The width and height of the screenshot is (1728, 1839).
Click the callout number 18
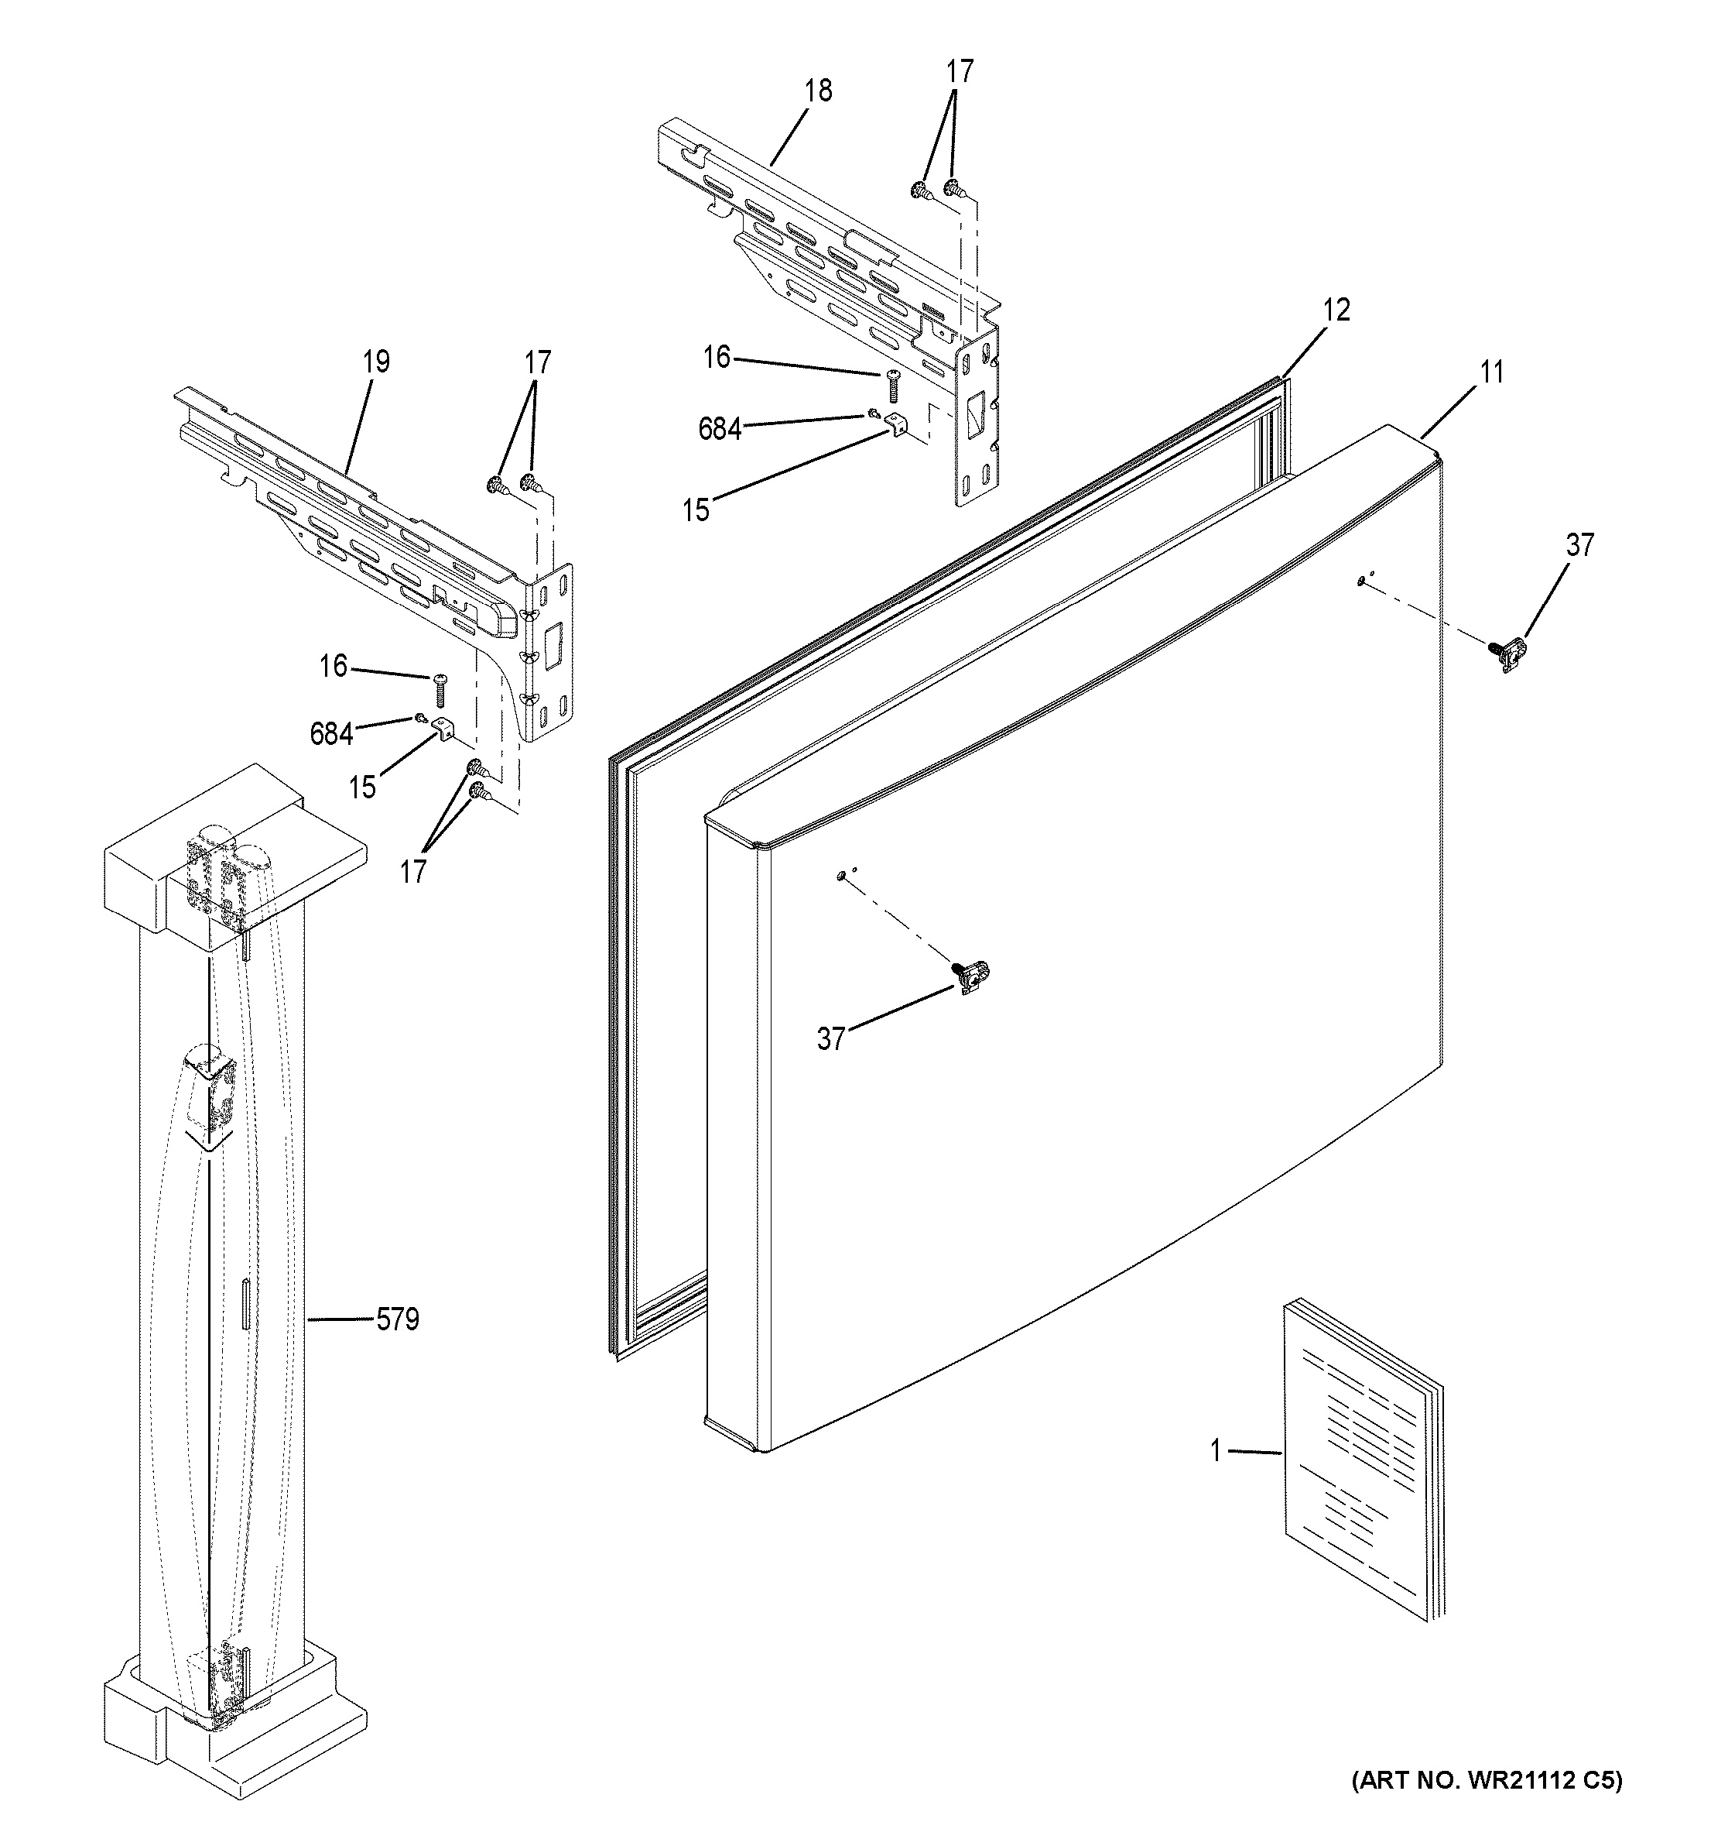coord(817,91)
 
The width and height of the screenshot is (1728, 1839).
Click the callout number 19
coord(375,362)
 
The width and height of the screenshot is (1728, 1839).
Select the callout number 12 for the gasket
coord(1335,310)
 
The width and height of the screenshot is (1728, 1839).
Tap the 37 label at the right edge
coord(1580,545)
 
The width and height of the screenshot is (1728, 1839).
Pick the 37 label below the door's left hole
coord(830,1040)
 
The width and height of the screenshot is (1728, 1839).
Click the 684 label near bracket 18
coord(720,429)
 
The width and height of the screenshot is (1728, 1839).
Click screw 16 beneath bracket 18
coord(893,384)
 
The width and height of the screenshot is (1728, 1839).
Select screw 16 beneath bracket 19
coord(440,690)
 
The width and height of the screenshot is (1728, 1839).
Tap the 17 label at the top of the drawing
coord(960,71)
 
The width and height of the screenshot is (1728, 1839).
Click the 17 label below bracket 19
coord(412,871)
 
